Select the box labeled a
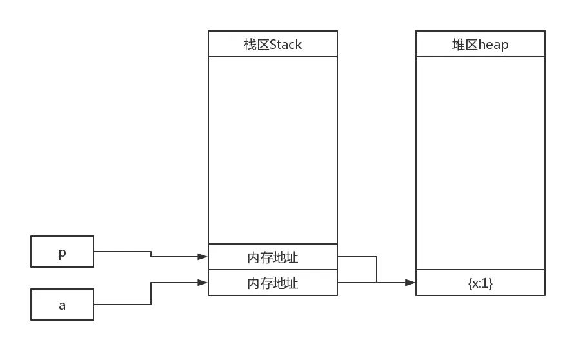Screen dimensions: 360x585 [x=63, y=304]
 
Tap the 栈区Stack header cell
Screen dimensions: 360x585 [x=272, y=45]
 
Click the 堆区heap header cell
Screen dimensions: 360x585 [x=480, y=45]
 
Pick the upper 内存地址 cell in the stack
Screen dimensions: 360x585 [x=272, y=257]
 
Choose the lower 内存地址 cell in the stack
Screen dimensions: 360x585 [x=272, y=283]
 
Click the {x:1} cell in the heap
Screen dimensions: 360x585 [x=480, y=283]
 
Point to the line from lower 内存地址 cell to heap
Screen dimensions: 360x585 [x=355, y=281]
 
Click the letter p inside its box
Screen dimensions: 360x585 [x=62, y=253]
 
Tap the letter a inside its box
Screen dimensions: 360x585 [x=62, y=305]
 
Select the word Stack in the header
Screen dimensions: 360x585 [x=286, y=45]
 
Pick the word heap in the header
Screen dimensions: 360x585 [x=493, y=45]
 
